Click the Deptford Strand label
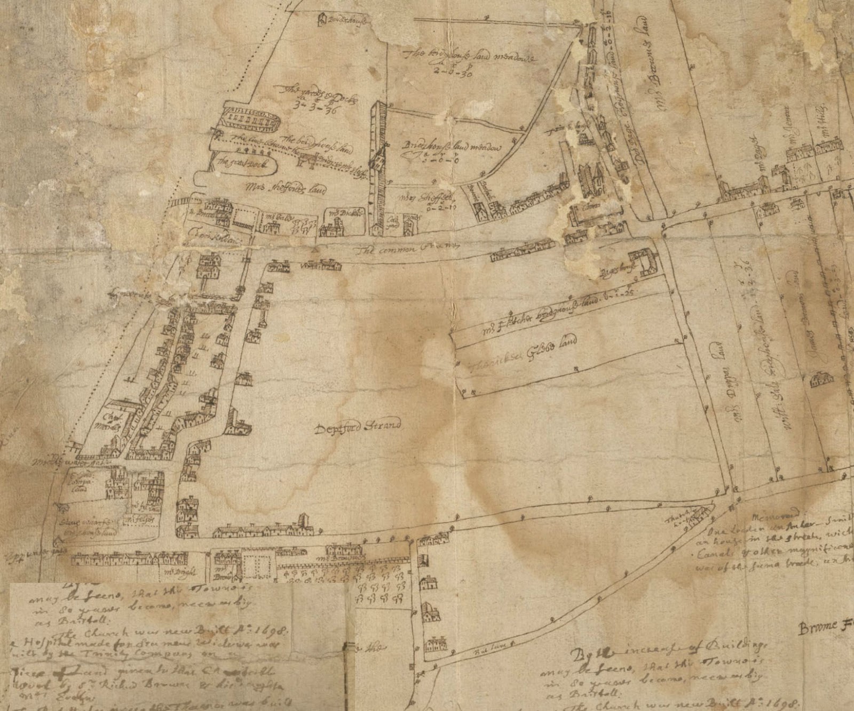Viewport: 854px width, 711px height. coord(357,427)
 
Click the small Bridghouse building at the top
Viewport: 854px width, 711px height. coord(322,20)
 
